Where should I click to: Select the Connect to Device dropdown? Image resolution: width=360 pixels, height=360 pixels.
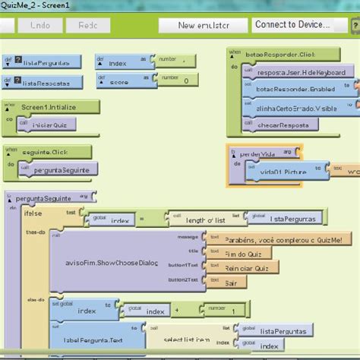tap(292, 25)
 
